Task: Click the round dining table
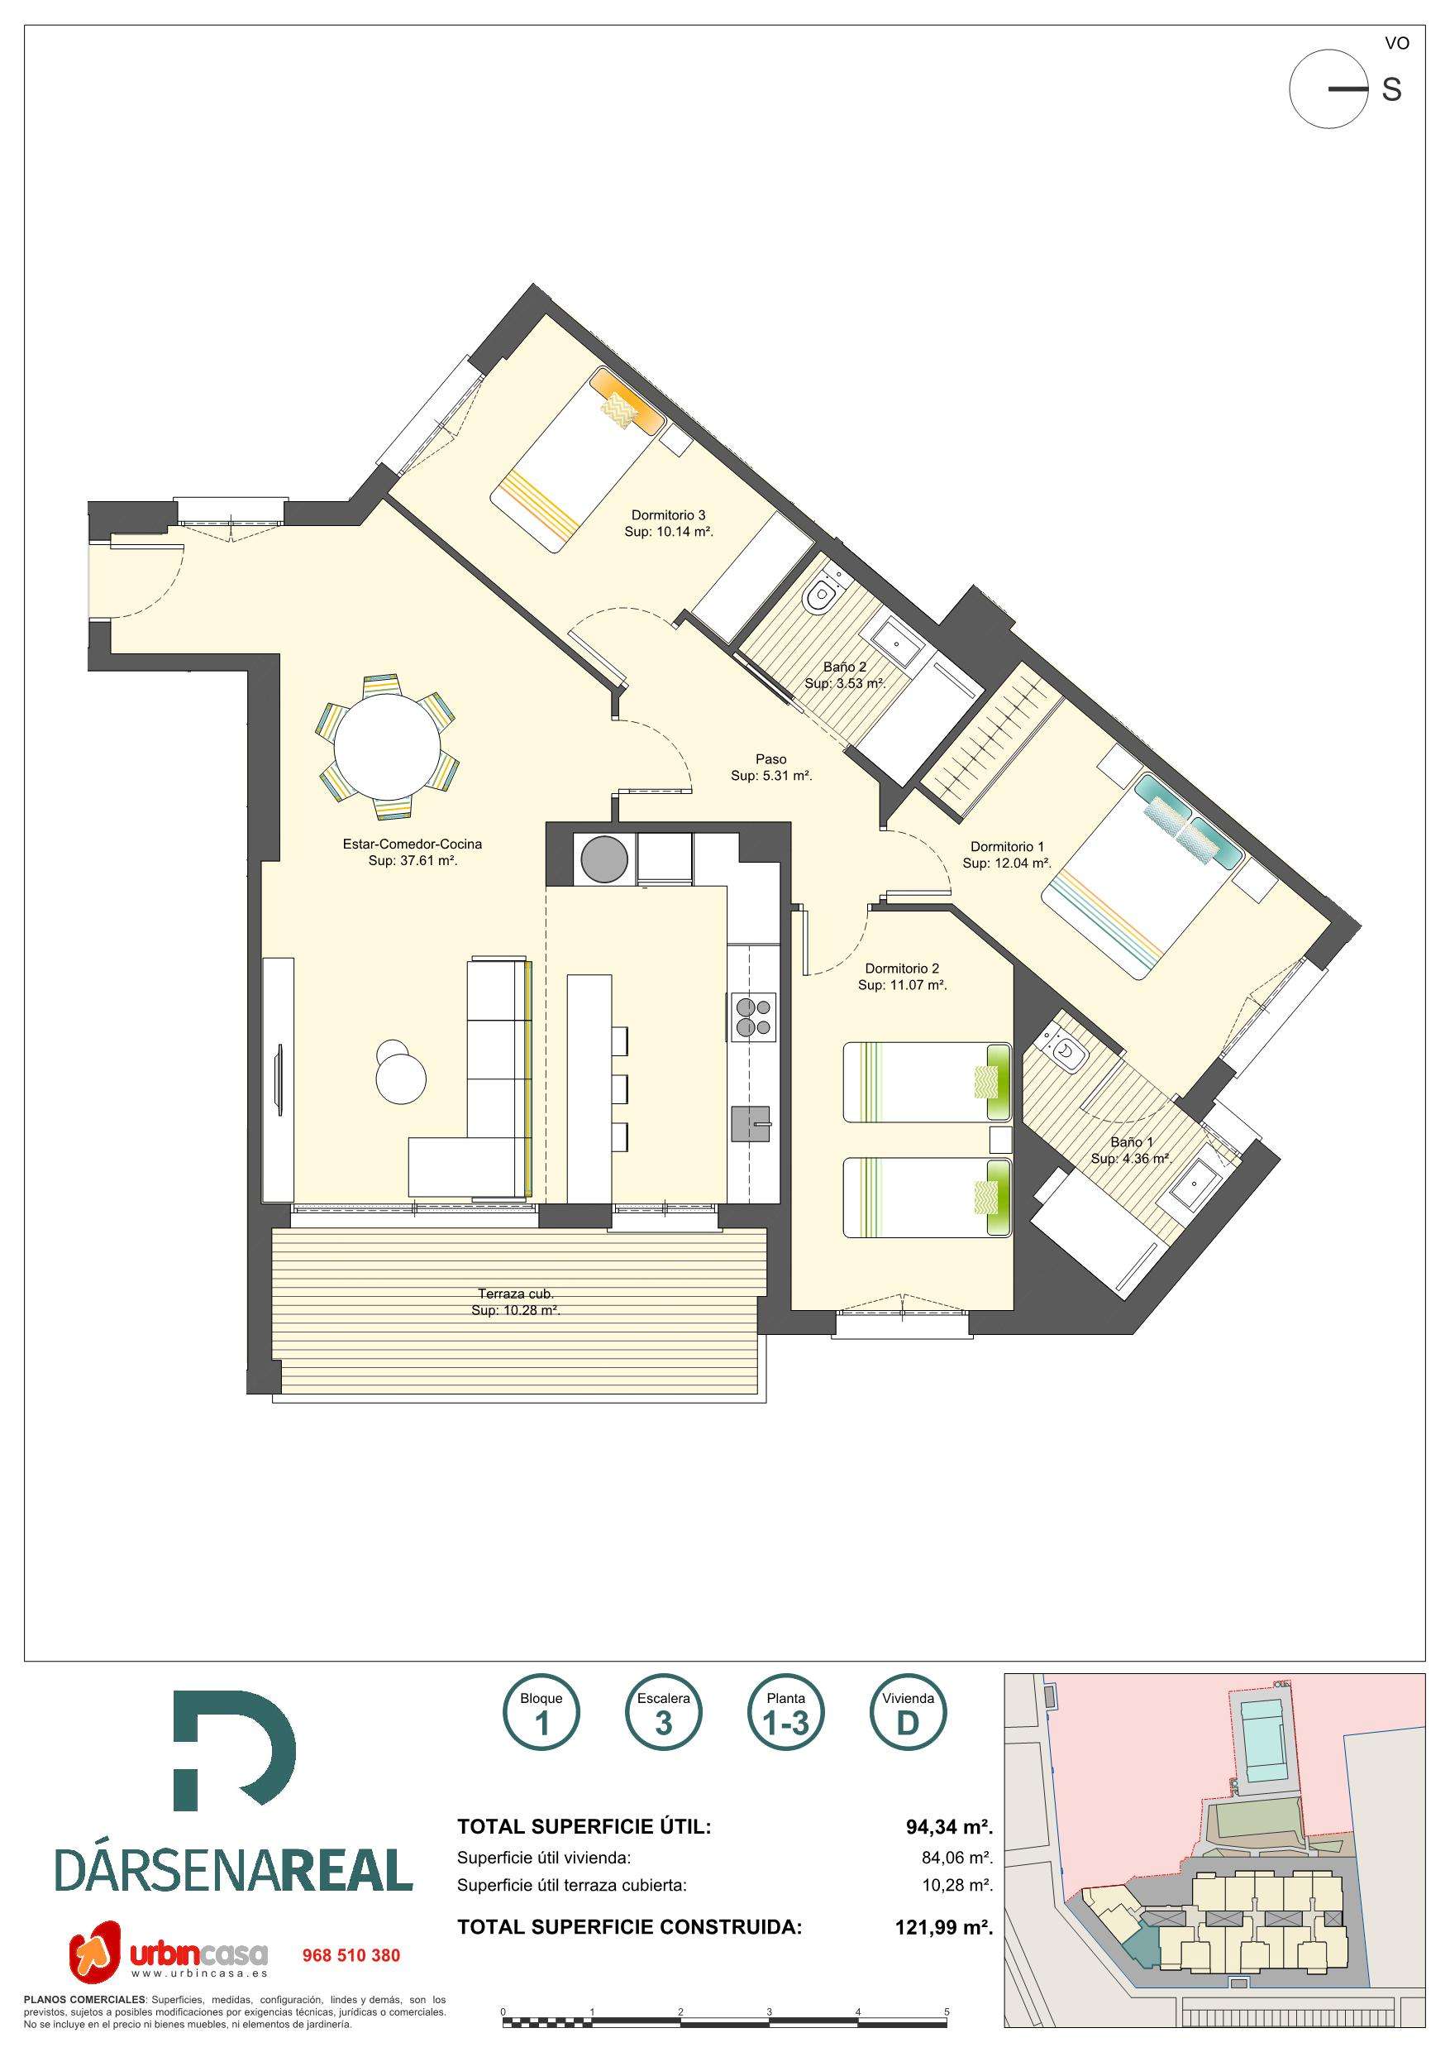click(388, 745)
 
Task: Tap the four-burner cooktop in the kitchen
click(755, 1017)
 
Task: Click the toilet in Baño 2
click(818, 598)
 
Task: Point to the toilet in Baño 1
click(1062, 1050)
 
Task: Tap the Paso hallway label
click(770, 759)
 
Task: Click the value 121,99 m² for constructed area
click(943, 1928)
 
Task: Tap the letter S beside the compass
click(1391, 90)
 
